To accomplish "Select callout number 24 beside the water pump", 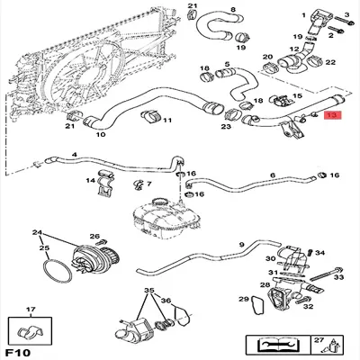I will click(x=37, y=233).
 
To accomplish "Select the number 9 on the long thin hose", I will click(x=241, y=245).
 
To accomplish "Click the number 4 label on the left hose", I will click(x=74, y=154).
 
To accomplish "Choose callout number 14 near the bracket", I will click(x=90, y=182).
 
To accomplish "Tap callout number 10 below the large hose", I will click(x=101, y=135).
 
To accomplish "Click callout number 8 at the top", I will click(x=233, y=10).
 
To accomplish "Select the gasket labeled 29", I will click(x=243, y=299).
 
